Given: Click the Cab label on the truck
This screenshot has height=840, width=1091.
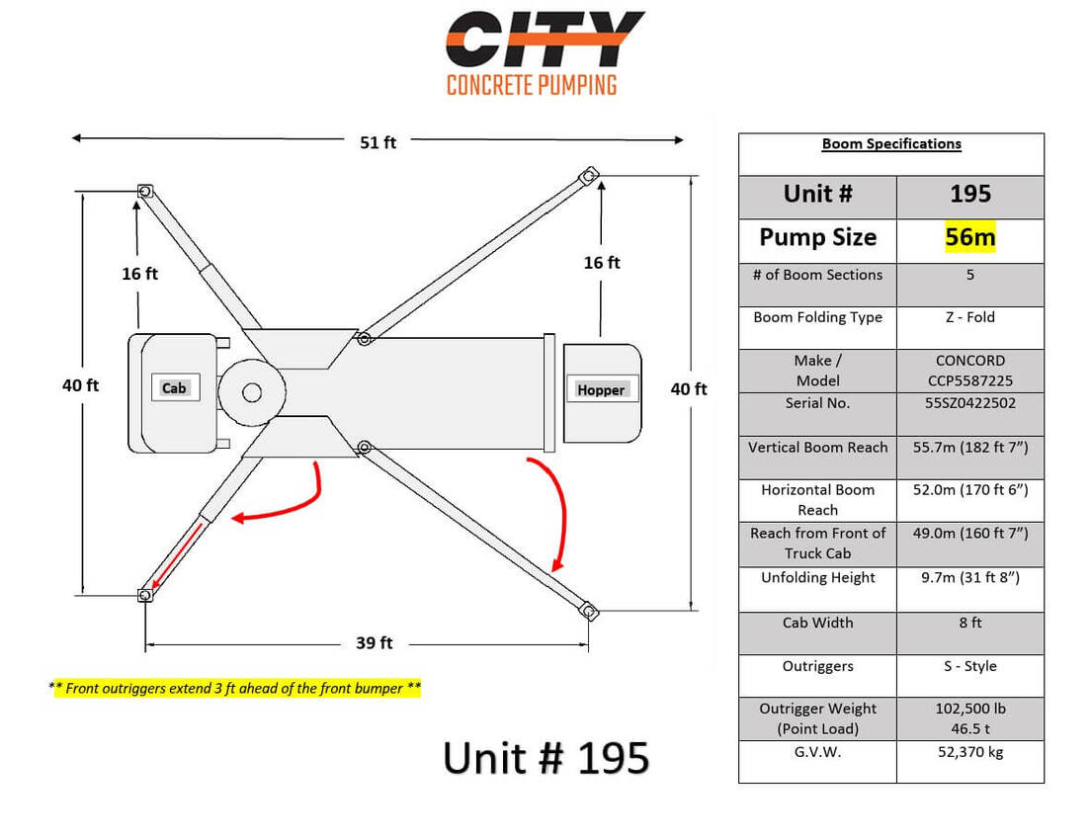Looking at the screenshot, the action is [174, 388].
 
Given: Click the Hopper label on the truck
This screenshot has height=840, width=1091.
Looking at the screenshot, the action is [601, 390].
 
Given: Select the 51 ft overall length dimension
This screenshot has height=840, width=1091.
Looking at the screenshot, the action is [378, 142].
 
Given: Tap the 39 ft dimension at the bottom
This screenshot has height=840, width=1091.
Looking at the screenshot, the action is [375, 643].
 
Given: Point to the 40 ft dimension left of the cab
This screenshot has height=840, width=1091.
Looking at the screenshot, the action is [81, 385].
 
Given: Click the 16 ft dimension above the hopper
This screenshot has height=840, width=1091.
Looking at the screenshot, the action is [602, 263].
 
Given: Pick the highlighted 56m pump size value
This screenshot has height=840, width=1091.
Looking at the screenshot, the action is [969, 237].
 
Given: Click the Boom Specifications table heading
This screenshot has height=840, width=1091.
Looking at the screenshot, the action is [891, 144].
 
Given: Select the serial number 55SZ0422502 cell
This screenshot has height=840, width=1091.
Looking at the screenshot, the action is [969, 403].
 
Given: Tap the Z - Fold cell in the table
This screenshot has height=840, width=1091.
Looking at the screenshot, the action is [969, 317].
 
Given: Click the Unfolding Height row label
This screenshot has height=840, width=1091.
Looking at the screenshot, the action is [817, 578].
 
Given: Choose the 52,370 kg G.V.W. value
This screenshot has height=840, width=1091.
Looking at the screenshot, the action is [969, 752].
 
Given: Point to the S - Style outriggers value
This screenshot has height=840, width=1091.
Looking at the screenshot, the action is [969, 666].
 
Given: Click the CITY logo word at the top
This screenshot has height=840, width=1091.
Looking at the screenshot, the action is [545, 39].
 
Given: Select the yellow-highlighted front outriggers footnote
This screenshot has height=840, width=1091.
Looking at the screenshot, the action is [234, 688].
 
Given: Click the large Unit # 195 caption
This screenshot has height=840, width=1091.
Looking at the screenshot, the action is [546, 758].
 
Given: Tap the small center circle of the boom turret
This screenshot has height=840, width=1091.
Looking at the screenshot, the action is [252, 392].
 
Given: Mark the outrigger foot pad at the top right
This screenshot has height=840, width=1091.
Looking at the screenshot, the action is [591, 174].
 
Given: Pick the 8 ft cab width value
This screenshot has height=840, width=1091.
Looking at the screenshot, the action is [969, 623].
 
